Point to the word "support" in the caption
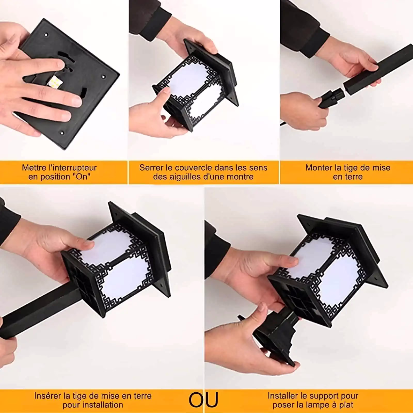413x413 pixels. (325, 396)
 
